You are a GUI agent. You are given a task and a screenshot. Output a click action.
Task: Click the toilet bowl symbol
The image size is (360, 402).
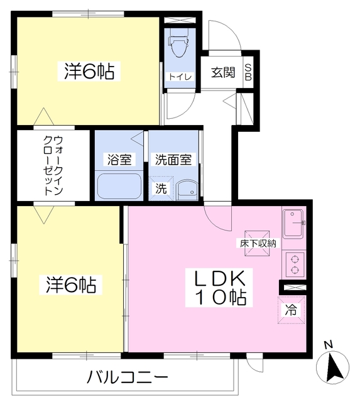point(178,46)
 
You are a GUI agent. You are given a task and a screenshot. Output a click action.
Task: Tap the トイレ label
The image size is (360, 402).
point(180,77)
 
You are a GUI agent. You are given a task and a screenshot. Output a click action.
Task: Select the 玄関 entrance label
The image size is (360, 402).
point(223,73)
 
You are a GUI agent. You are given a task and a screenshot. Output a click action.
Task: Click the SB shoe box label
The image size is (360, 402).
point(248,73)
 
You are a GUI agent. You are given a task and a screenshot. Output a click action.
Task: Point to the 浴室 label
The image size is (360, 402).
point(119,160)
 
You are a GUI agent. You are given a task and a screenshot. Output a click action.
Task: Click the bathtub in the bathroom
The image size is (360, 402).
point(119,187)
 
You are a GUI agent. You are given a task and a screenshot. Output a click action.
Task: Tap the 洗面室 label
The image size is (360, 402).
point(173,160)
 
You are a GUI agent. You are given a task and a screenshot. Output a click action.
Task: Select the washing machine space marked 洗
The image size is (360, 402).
point(161,188)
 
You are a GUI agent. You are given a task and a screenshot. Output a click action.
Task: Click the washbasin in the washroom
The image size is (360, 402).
point(187,190)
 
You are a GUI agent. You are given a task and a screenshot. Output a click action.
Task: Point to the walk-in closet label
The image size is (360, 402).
point(53,166)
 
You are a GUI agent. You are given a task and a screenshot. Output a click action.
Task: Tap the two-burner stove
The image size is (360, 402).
point(295,264)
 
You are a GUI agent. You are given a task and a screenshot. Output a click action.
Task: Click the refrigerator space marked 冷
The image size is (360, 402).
point(291,310)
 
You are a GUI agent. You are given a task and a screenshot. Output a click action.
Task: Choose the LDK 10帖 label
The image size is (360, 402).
point(219,288)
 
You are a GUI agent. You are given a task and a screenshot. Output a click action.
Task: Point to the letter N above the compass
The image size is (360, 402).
point(328,345)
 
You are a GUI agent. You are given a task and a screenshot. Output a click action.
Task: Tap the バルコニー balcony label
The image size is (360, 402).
point(127,377)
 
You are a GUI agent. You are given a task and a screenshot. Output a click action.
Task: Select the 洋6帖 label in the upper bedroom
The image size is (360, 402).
point(89,71)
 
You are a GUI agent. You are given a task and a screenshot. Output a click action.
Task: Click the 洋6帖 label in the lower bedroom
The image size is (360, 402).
point(71,285)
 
